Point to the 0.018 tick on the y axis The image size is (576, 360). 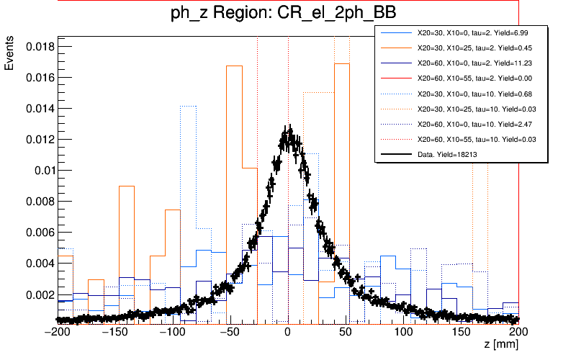36,46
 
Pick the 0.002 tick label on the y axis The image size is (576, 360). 36,294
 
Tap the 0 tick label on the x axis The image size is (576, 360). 287,332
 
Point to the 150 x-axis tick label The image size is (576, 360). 462,332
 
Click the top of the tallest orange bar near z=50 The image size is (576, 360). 341,64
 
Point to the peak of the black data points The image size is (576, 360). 288,130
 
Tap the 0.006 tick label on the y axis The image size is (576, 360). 36,233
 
